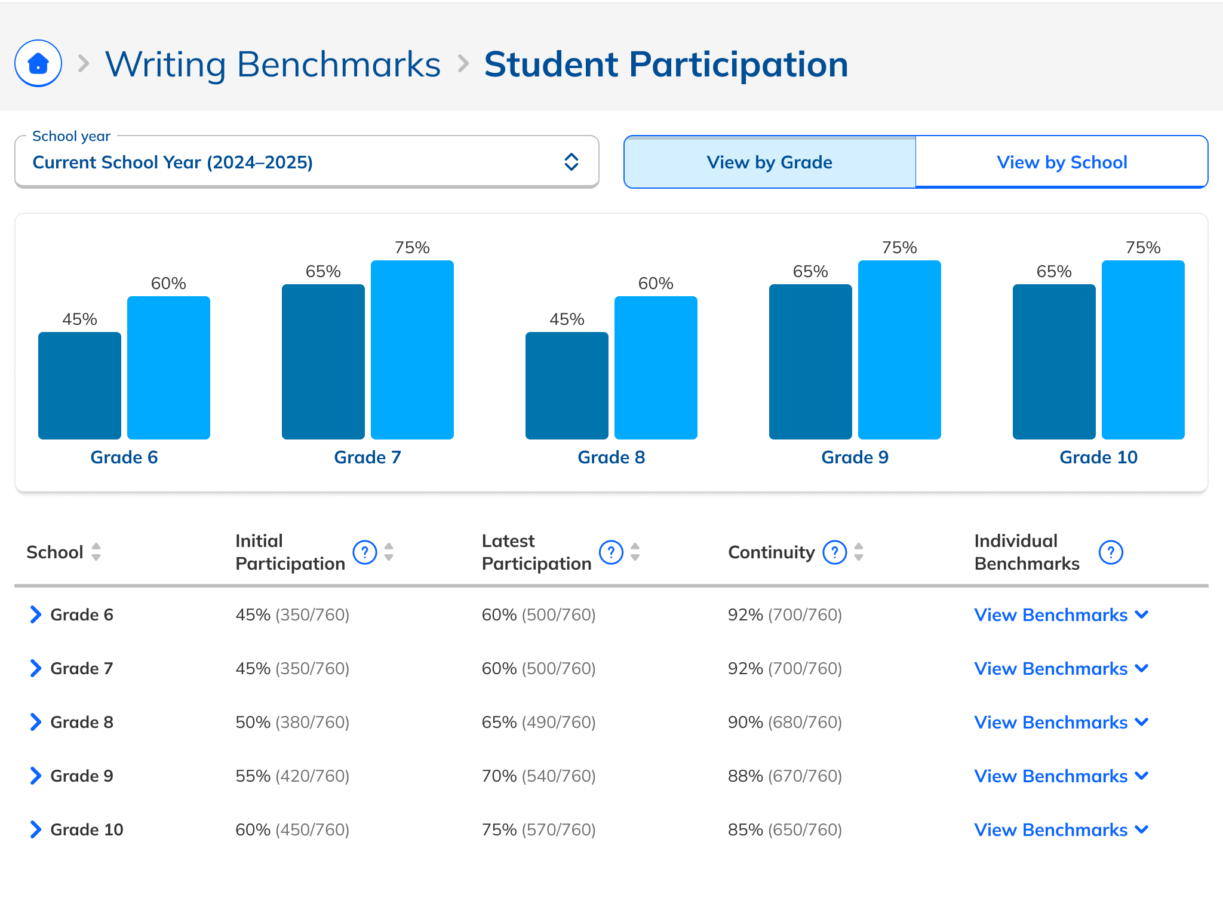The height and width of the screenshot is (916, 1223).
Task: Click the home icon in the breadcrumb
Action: [x=38, y=63]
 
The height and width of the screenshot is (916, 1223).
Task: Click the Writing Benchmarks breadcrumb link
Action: [x=273, y=64]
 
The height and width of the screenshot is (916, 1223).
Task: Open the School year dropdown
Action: [x=306, y=162]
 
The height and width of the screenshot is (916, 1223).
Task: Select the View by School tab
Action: [x=1061, y=162]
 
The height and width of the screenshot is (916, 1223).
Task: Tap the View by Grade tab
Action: [x=769, y=162]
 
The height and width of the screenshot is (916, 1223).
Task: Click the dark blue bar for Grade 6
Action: [x=79, y=386]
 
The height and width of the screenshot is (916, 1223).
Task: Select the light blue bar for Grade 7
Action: [x=412, y=350]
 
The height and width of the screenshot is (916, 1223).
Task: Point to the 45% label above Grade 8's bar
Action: [x=566, y=319]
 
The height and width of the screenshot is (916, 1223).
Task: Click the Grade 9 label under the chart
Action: [x=855, y=457]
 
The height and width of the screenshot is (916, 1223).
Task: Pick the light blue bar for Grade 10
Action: [x=1142, y=350]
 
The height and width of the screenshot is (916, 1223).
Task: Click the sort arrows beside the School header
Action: [x=96, y=552]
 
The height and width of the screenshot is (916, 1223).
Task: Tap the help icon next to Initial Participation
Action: [x=364, y=552]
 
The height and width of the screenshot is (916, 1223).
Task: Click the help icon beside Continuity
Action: [x=834, y=552]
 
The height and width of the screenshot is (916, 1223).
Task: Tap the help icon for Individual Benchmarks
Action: [x=1111, y=552]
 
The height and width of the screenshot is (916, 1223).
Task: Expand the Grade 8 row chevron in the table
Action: [x=36, y=722]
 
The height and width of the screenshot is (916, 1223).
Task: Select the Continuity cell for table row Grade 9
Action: [x=785, y=776]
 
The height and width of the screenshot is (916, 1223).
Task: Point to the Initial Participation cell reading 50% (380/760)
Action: [x=292, y=722]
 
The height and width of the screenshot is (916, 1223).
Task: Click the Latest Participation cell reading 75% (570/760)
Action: [x=539, y=829]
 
